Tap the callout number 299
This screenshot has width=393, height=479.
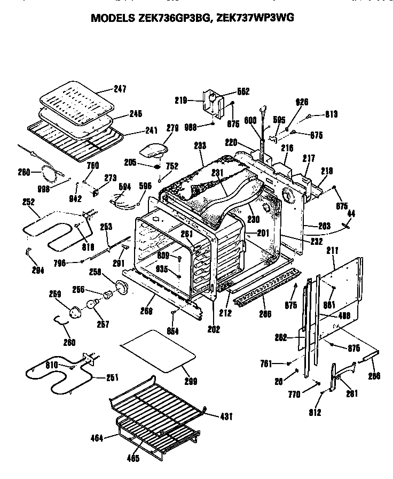190,381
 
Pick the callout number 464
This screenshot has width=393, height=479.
97,438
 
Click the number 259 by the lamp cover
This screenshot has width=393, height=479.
55,293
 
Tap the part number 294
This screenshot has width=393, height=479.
37,271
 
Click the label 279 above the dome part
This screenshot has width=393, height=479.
158,128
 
